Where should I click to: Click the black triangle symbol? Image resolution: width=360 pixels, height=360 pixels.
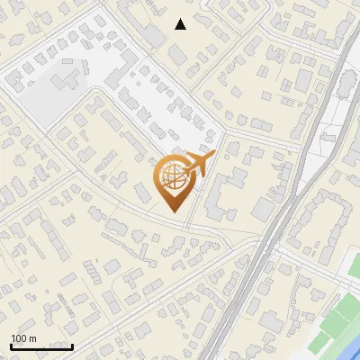[x=181, y=24]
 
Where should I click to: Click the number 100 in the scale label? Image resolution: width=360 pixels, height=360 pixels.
[x=22, y=339]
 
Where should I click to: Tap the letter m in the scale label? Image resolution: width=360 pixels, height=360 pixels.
[x=33, y=339]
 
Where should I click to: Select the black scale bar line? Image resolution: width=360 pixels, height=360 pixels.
[x=41, y=346]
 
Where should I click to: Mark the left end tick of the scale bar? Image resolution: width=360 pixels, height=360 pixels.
[x=11, y=345]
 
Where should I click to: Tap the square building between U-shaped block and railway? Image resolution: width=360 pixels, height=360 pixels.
[x=263, y=209]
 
